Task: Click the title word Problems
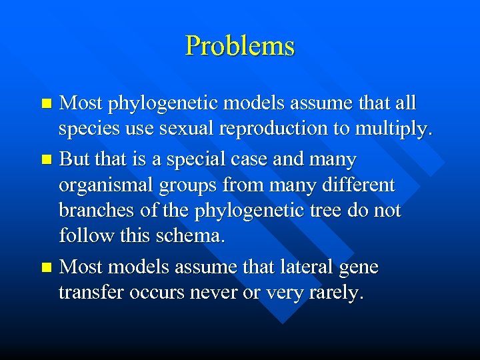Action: (x=239, y=46)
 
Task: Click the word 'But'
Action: (x=74, y=159)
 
